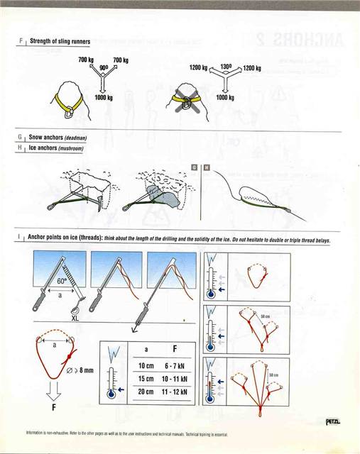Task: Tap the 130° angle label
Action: (x=227, y=65)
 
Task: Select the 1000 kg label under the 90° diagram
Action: (x=104, y=96)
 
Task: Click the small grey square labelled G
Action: (x=194, y=167)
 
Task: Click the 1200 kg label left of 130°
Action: (x=198, y=69)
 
